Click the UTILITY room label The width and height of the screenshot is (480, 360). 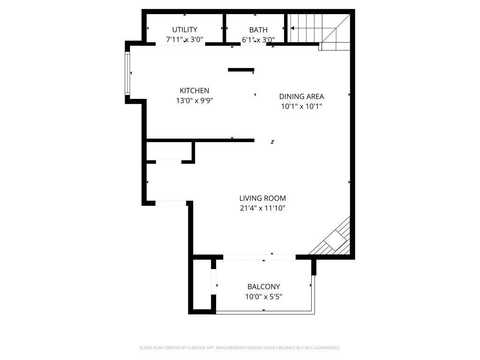pos(184,30)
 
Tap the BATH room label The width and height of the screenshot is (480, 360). pos(258,30)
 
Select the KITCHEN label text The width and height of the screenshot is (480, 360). pos(195,90)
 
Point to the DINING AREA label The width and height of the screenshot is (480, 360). pos(301,97)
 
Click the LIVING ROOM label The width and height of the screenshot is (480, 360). pos(262,198)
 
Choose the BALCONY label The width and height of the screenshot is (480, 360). pos(263,287)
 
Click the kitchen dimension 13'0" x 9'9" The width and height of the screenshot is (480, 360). pos(195,100)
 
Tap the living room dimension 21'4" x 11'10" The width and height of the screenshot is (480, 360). pos(262,208)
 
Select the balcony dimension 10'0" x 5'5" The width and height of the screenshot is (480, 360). pos(263,297)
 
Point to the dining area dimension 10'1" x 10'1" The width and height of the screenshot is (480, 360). pos(301,106)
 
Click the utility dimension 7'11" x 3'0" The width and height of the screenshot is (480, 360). pos(184,40)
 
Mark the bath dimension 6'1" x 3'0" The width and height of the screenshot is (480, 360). pos(258,40)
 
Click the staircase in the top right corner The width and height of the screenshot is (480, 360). pos(319,29)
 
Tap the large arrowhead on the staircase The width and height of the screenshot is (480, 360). pos(292,28)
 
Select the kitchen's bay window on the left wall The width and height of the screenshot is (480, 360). pos(127,73)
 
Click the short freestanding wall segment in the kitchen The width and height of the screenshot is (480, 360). pos(241,70)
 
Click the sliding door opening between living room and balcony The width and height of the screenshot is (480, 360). pos(259,257)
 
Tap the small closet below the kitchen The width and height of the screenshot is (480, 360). pos(169,151)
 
